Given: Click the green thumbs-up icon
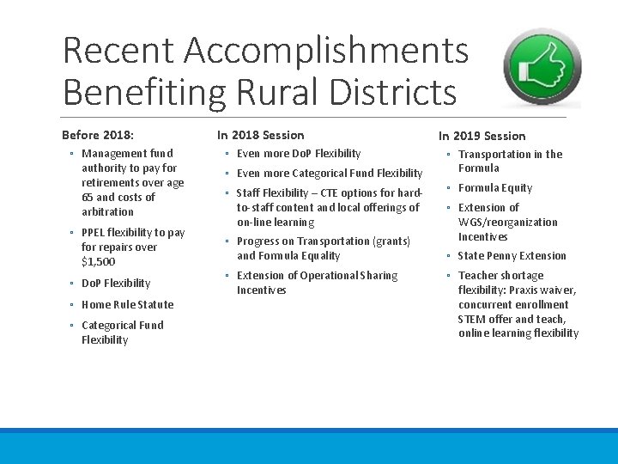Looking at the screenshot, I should point(542,68).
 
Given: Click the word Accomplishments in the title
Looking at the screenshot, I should point(326,52).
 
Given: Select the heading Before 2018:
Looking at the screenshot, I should point(98,135).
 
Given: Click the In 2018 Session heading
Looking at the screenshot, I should point(260,135).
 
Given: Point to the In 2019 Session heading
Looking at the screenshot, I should point(482,136).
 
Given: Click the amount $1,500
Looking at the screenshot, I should point(98,262).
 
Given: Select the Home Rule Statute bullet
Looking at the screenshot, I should point(127,304).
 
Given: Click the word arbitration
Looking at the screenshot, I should point(107,211).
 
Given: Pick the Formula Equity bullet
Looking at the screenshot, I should point(495,188).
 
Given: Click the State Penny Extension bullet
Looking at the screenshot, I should point(512,256).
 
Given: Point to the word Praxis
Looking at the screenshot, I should point(531,290).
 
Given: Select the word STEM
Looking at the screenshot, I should point(472,320).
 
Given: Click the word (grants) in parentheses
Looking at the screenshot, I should point(391,241).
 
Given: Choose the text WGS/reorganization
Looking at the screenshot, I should point(507,223).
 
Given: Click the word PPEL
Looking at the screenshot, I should point(94,233).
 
